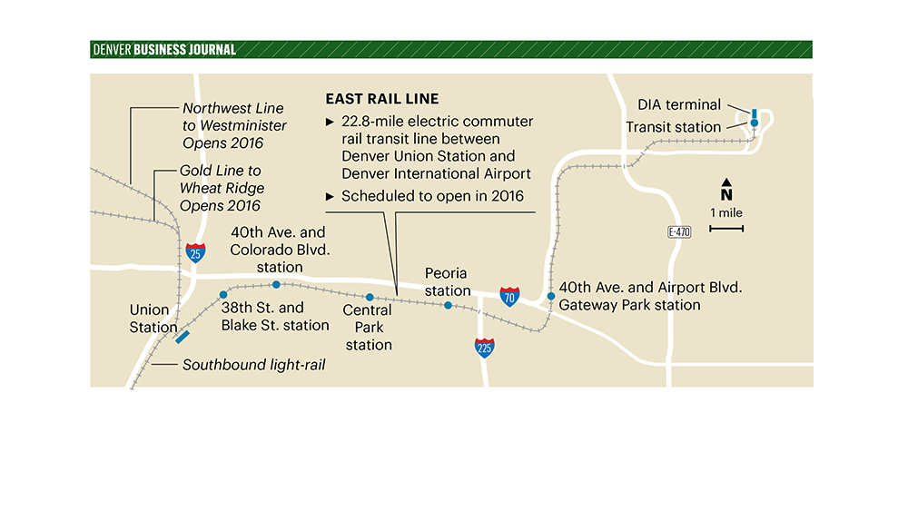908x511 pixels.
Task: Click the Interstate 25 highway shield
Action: [x=195, y=252]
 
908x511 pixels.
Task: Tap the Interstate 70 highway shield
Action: [x=510, y=296]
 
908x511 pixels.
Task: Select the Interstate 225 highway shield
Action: [x=486, y=347]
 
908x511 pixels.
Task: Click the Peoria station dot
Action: [x=448, y=306]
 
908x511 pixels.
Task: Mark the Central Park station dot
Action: [x=370, y=297]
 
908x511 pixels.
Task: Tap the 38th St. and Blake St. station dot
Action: [x=222, y=295]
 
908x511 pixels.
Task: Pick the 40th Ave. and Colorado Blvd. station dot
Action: [x=276, y=285]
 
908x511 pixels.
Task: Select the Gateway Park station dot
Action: [x=550, y=297]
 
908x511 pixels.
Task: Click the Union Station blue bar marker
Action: [x=183, y=337]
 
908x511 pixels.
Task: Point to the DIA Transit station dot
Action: [x=754, y=123]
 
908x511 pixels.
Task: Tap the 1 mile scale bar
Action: [x=726, y=228]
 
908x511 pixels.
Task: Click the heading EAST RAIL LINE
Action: [x=381, y=99]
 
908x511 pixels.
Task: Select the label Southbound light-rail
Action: [x=253, y=365]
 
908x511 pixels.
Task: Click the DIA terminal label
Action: [x=679, y=105]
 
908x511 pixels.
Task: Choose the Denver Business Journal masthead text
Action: [x=164, y=50]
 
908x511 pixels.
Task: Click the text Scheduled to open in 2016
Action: [x=431, y=196]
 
